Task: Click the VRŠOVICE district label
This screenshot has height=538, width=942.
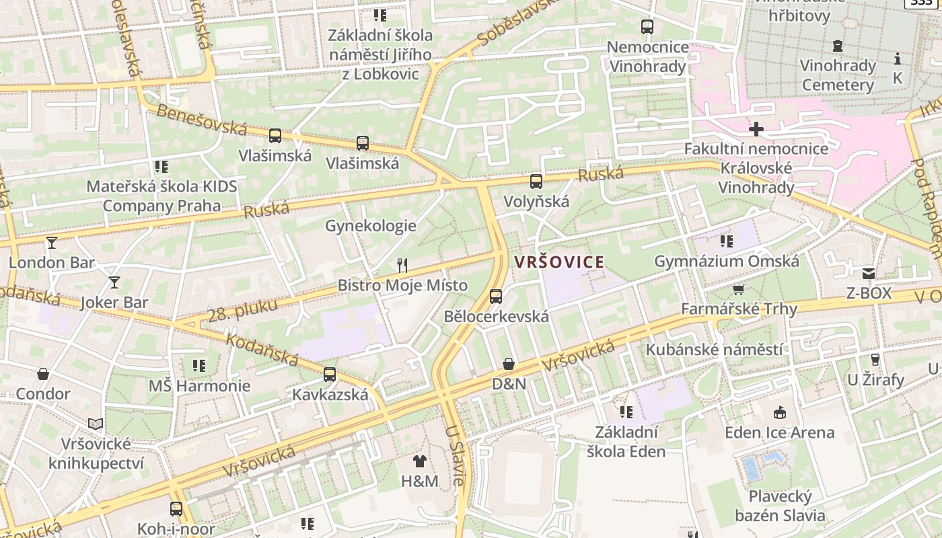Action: [x=559, y=262]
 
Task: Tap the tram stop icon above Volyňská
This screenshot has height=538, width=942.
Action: [x=536, y=181]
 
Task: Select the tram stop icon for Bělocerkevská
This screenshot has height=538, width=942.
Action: [x=496, y=296]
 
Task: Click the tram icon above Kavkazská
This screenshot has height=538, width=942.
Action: [x=330, y=375]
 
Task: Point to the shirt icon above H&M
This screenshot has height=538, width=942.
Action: [x=419, y=461]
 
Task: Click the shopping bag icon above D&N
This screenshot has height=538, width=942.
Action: [x=509, y=364]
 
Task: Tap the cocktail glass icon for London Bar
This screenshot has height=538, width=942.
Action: [x=52, y=242]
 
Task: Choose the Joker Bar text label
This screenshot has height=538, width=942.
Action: [x=114, y=303]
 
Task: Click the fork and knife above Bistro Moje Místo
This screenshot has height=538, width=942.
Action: [x=402, y=265]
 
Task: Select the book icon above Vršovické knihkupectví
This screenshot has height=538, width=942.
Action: [x=96, y=424]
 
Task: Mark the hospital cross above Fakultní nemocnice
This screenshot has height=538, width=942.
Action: [x=756, y=128]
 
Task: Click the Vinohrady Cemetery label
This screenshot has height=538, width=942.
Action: [x=838, y=75]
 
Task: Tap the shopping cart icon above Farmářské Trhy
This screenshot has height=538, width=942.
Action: [x=738, y=289]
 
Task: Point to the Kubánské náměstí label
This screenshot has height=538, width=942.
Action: [x=714, y=350]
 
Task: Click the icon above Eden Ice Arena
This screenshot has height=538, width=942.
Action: [x=780, y=412]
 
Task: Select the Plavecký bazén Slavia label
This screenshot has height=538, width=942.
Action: [x=780, y=506]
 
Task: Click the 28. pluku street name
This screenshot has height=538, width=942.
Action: [x=242, y=309]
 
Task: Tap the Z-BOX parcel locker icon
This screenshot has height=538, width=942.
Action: [x=869, y=273]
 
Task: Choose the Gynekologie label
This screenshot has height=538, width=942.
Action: [x=371, y=226]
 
